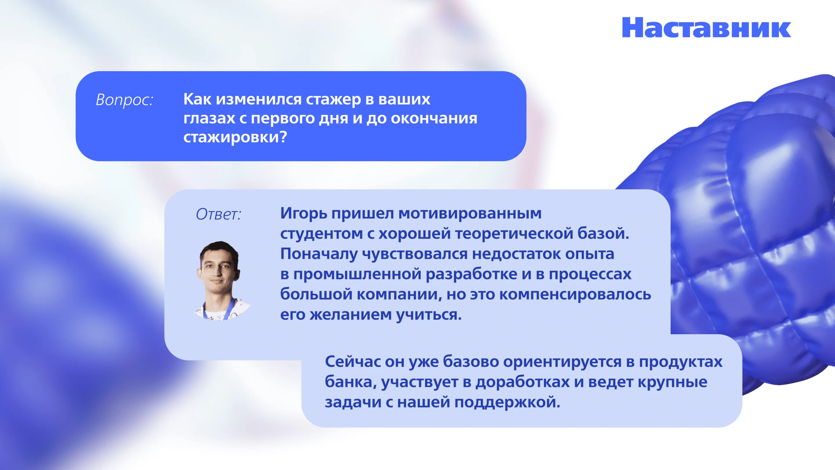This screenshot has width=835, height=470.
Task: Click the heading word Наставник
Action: pos(706,28)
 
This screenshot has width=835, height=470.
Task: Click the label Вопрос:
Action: pos(124,100)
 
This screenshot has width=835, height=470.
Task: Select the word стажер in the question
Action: pos(333,99)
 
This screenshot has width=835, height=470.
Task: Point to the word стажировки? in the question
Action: pos(235,137)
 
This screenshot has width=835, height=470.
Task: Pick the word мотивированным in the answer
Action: pos(470,214)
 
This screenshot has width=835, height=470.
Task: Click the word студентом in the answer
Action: pos(322,234)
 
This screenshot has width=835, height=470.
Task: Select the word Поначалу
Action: pos(319,254)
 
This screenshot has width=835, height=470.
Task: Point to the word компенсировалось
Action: pos(575,294)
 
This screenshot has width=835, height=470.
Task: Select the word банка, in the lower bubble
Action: pos(351,382)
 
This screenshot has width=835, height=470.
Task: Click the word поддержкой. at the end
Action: pos(507,402)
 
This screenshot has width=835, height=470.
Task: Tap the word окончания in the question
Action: pos(434,118)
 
